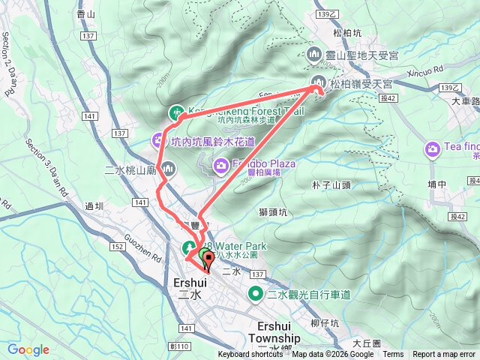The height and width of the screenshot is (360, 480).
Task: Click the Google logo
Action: pos(28,349)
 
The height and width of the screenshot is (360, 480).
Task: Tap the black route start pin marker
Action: pos(208,260)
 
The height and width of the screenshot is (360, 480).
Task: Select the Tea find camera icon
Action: pos(433,149)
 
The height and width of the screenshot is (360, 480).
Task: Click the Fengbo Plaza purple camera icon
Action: pos(221,165)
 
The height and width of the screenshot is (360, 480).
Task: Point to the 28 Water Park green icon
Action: pos(190,247)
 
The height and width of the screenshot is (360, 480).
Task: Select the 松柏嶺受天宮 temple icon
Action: pos(316,83)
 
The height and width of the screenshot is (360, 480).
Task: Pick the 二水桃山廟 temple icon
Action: pos(167,169)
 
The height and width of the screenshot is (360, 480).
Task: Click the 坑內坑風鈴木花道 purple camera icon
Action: pos(158,139)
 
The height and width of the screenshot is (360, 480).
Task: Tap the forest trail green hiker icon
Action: pos(176,113)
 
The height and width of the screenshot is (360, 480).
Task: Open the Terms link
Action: pos(393,355)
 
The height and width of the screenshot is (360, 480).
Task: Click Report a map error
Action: pos(445,355)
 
